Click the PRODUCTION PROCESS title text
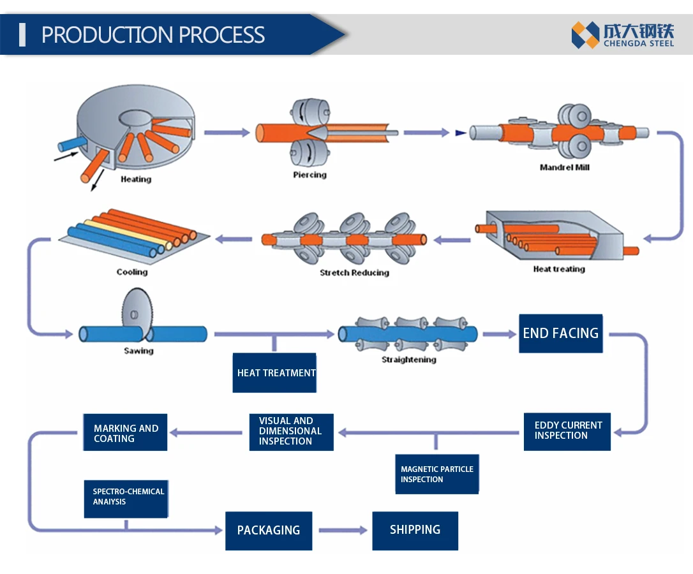153,34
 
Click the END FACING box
560,333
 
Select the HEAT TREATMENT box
274,372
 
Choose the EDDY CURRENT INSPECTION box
567,431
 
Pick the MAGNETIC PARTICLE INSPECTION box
436,474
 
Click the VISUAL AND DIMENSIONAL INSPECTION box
291,431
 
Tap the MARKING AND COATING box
125,433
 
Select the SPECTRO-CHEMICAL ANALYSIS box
126,497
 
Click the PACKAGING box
269,530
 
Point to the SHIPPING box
415,529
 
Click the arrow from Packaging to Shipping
343,530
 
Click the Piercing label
309,175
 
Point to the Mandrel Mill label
564,168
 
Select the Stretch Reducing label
354,273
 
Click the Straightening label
408,360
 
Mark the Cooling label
131,272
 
